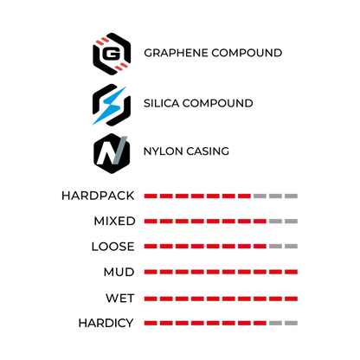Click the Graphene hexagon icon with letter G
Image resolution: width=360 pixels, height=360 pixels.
(112, 54)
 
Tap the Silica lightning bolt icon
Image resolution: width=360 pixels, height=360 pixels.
(111, 105)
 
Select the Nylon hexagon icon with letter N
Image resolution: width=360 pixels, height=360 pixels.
(112, 153)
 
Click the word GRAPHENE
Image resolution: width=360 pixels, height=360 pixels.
(176, 53)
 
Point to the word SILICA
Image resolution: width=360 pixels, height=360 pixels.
(161, 103)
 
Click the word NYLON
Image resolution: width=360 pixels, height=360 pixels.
(163, 151)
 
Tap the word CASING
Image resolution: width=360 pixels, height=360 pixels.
(208, 151)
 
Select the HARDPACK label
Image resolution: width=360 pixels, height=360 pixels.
(98, 196)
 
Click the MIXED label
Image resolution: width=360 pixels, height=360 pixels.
(114, 221)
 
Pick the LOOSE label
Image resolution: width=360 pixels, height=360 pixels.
(112, 247)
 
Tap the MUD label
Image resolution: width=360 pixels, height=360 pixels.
(119, 272)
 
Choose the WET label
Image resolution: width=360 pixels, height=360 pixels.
(119, 298)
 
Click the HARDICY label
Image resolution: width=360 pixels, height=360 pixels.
(106, 323)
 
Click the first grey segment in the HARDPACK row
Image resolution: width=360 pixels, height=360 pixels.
(260, 196)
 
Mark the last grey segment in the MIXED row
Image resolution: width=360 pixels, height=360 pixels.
(291, 222)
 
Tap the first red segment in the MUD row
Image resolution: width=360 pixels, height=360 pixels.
(151, 272)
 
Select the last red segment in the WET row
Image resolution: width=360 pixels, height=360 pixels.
(291, 299)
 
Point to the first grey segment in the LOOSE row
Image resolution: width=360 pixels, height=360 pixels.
(275, 247)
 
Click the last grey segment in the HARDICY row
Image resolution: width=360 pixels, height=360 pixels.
(291, 323)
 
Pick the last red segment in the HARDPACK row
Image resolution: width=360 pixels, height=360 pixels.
(244, 196)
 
